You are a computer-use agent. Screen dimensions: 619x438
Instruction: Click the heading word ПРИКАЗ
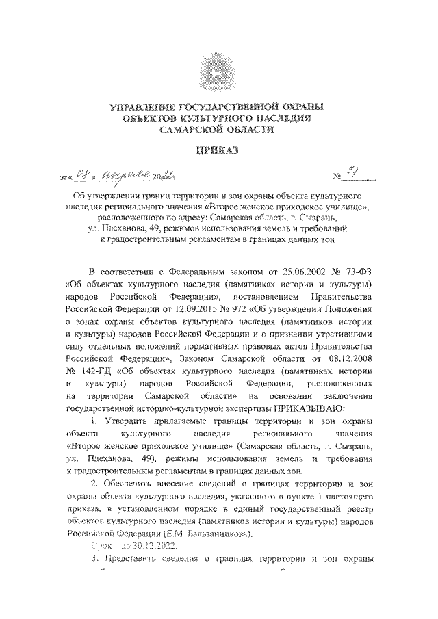218,151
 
